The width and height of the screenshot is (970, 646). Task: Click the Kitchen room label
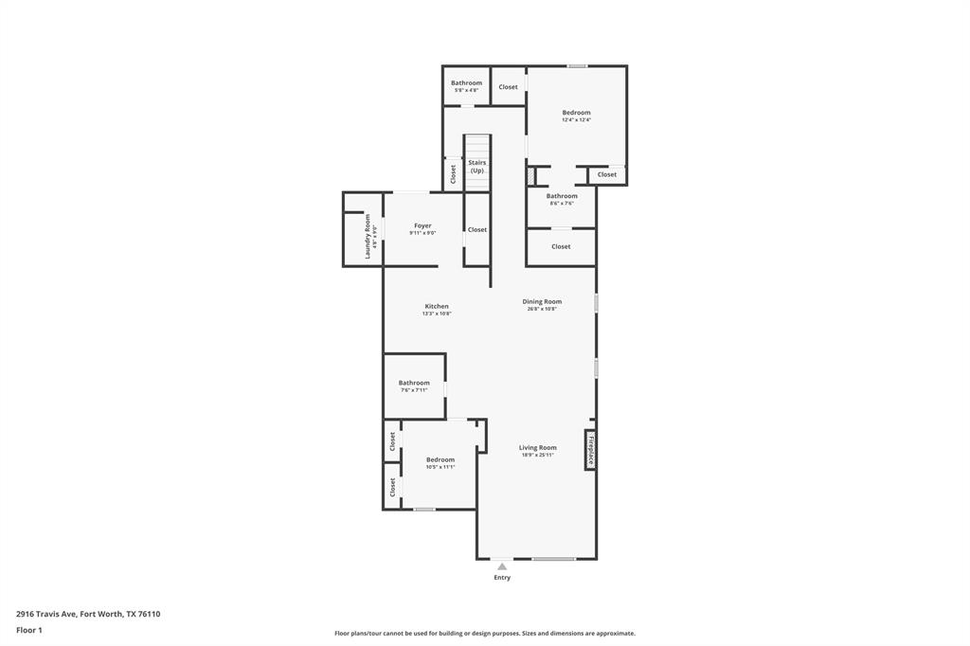[x=437, y=306]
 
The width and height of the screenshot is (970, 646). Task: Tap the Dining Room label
[x=542, y=302]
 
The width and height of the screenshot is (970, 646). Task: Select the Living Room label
[x=537, y=448]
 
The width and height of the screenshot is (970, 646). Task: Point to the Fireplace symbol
[x=590, y=450]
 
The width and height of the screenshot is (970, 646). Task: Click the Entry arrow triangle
[x=502, y=566]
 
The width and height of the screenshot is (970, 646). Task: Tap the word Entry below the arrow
[x=502, y=578]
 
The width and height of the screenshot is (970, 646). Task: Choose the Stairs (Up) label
[x=477, y=167]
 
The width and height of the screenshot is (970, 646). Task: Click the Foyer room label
[x=422, y=225]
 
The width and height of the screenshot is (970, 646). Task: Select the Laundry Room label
[x=368, y=236]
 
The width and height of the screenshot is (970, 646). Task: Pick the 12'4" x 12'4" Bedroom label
[x=576, y=113]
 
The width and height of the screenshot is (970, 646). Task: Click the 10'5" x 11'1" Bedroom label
[x=440, y=459]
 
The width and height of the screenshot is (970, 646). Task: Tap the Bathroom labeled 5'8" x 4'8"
[x=466, y=83]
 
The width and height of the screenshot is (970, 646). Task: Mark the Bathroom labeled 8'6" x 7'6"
[x=562, y=196]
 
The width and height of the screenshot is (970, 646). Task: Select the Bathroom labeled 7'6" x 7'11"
[x=414, y=383]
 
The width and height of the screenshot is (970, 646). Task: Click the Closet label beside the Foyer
[x=477, y=229]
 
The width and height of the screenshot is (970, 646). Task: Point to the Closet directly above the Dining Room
[x=561, y=246]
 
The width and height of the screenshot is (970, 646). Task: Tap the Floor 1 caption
[x=29, y=630]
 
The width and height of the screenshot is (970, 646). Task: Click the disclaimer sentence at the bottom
[x=484, y=634]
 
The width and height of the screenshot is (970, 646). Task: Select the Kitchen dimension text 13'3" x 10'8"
[x=437, y=314]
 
